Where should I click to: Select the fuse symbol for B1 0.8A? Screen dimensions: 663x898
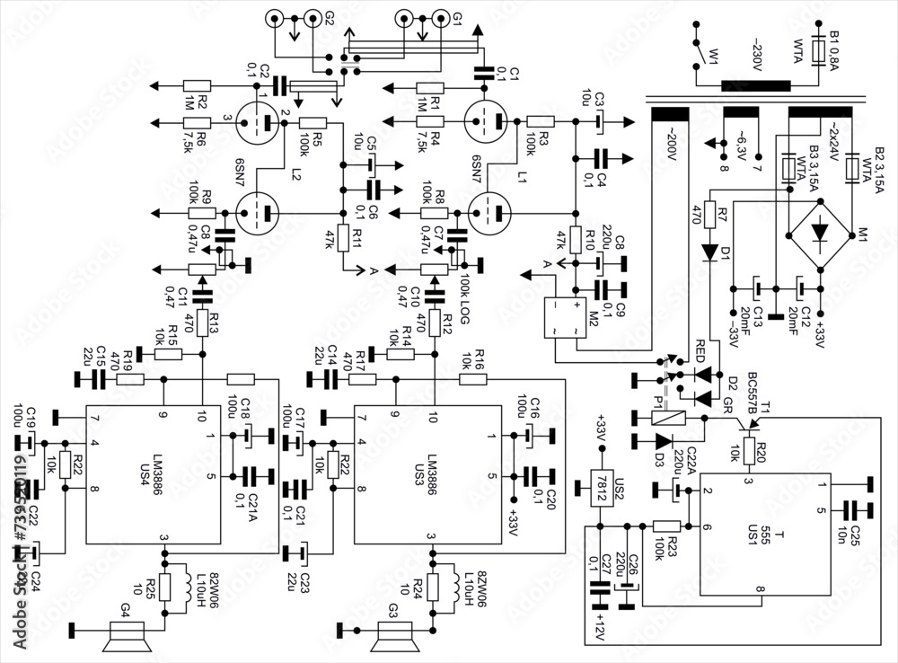pos(818,50)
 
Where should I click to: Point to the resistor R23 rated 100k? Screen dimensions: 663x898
pos(666,526)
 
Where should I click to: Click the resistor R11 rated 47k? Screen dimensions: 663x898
pos(342,239)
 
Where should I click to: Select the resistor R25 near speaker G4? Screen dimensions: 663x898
pos(163,585)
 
